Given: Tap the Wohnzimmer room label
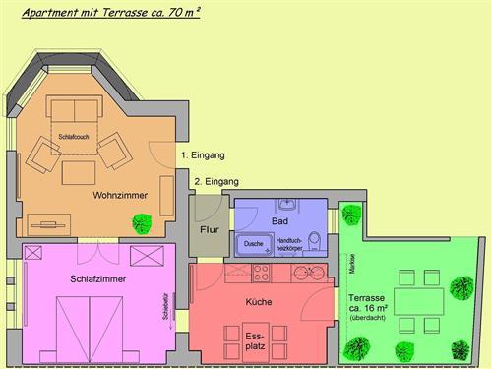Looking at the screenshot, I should [120, 196].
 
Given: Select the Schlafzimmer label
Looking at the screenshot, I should [98, 279].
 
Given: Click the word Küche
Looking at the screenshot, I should [259, 302].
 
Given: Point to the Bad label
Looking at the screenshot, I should [279, 222].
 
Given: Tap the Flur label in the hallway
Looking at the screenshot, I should [210, 229].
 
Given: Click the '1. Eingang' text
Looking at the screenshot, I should [203, 155].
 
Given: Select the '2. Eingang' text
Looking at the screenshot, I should [215, 182].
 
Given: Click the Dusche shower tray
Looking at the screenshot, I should [253, 244].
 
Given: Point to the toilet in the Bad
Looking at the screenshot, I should [313, 240].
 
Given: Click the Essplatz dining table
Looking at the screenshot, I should [260, 340].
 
